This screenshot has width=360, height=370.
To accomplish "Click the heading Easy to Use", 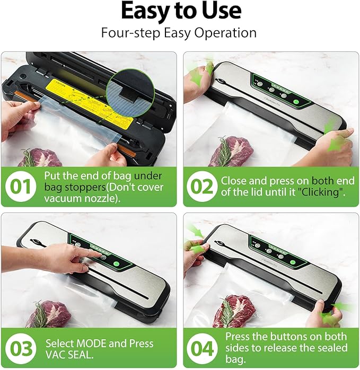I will (180, 11).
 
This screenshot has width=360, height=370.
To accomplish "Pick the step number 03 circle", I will (21, 349).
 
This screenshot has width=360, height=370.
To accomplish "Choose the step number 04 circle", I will (202, 349).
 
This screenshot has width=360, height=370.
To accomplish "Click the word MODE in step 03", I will (91, 343).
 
